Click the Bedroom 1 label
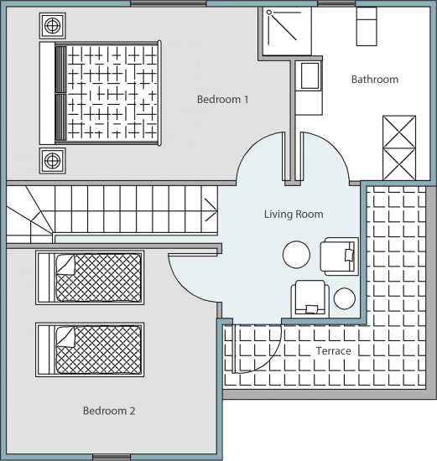223,100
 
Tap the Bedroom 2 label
109,411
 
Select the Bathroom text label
375,80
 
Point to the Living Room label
294,214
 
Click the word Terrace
334,350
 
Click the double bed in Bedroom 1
101,93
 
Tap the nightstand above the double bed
52,26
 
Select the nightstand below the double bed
52,161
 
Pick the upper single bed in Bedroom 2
90,277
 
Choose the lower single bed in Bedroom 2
90,350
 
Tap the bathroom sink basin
310,75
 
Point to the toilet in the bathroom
367,26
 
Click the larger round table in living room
296,255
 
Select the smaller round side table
344,298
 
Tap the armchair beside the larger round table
340,256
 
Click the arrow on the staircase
211,210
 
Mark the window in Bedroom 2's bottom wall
112,458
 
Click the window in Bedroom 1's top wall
169,3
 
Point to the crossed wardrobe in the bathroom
399,148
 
